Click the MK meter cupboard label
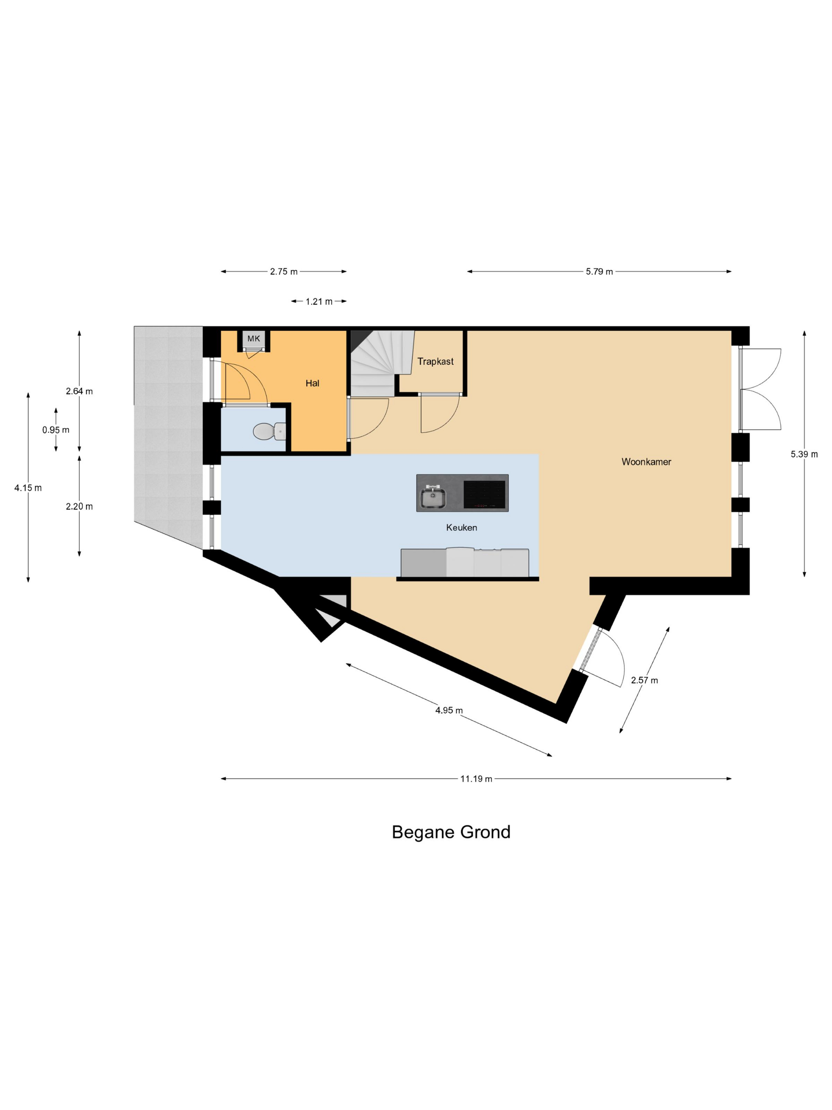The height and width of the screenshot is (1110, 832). click(254, 339)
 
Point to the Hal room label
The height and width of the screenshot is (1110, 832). click(312, 383)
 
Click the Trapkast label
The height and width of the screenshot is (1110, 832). click(435, 361)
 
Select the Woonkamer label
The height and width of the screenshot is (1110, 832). click(646, 462)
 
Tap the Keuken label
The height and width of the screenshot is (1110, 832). click(462, 527)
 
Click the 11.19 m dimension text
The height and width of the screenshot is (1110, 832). click(476, 779)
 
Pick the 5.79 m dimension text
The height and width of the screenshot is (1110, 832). click(599, 272)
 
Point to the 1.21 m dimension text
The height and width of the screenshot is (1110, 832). click(319, 302)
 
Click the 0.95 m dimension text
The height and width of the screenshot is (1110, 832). click(56, 430)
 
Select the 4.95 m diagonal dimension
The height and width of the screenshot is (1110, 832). click(449, 710)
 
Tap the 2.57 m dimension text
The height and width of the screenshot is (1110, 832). click(644, 680)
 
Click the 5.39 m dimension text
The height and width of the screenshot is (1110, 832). click(804, 454)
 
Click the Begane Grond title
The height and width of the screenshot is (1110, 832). click(451, 832)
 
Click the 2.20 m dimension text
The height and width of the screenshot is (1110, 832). click(79, 506)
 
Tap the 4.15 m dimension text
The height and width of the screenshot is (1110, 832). click(28, 488)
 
